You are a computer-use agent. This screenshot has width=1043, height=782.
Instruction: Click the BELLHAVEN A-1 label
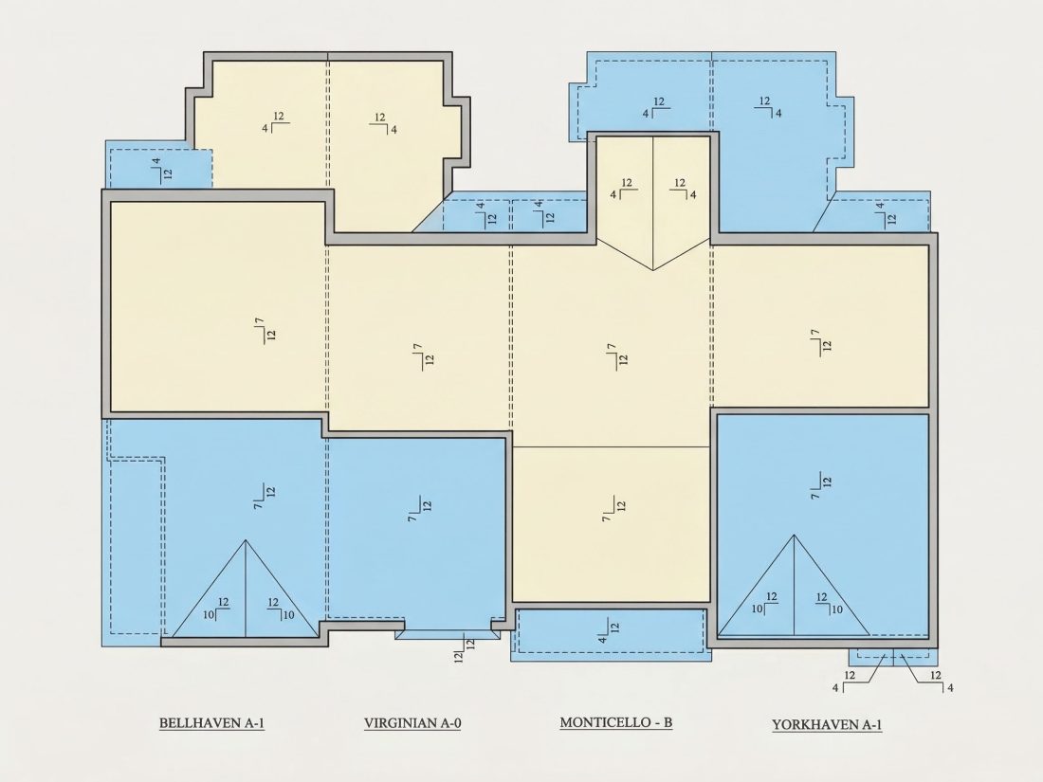tap(211, 723)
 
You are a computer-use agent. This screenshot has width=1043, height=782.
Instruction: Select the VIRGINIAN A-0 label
tap(412, 723)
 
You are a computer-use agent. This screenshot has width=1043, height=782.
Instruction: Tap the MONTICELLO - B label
tap(616, 722)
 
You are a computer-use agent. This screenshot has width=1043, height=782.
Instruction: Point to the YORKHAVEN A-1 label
tap(827, 725)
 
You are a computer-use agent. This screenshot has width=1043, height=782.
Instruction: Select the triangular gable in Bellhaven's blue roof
tap(246, 589)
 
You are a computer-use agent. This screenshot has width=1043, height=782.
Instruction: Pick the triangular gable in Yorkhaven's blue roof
tap(794, 585)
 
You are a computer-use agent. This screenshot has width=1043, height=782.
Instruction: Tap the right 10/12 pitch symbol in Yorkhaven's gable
tap(829, 604)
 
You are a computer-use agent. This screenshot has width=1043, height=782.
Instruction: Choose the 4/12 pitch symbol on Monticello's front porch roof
tap(608, 630)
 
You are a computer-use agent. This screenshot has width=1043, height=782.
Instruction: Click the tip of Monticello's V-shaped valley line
tap(652, 270)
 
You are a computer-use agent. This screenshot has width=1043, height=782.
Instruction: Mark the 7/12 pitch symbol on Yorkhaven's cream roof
tap(820, 340)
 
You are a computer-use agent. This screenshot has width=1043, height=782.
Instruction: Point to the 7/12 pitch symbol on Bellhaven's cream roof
tap(265, 330)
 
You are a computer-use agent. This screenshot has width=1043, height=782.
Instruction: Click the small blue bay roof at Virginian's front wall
tap(447, 634)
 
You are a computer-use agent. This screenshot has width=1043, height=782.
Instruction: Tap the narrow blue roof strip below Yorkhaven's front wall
tap(893, 657)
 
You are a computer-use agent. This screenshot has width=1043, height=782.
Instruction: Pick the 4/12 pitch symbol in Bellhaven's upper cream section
tap(275, 121)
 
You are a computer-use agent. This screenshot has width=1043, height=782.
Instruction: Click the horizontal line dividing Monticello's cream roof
tap(612, 446)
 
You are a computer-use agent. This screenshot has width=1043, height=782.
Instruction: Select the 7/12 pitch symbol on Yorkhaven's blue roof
tap(820, 485)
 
